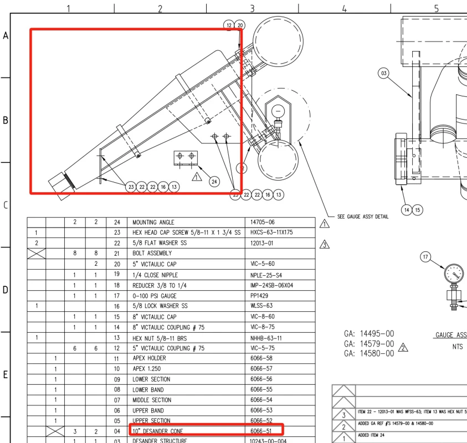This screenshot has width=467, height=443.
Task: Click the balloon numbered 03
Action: [383, 74]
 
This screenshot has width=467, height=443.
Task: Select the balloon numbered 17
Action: [425, 257]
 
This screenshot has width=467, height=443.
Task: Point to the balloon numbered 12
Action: [229, 25]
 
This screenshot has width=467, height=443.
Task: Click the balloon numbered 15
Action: [418, 209]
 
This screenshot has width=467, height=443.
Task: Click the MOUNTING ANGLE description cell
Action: [153, 223]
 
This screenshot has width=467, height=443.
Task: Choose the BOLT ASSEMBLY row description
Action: [152, 254]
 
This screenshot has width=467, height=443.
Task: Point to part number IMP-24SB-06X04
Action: [271, 285]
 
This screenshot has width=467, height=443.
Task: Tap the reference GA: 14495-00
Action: [369, 334]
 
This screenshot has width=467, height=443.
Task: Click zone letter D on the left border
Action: [6, 290]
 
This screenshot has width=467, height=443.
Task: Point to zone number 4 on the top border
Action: [344, 9]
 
